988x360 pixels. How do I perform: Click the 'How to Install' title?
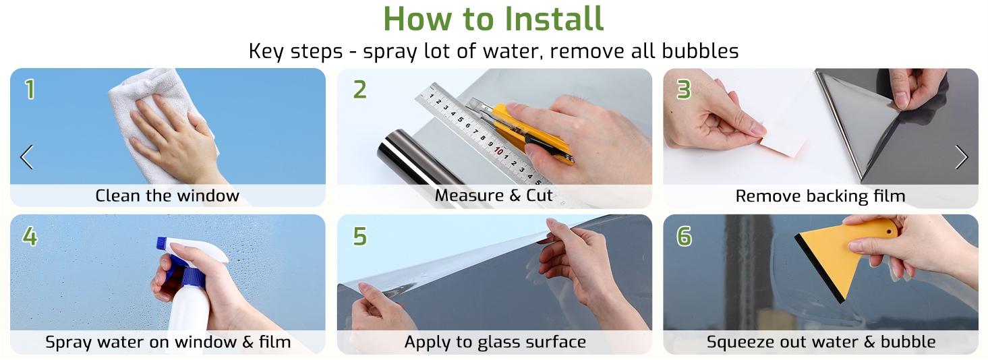pos(493,18)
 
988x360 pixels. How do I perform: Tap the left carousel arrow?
pos(27,157)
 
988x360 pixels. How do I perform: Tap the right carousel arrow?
pos(962,157)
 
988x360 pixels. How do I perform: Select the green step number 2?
pos(359,90)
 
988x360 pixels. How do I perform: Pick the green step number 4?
pos(30,236)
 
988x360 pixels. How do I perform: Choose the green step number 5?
pos(359,236)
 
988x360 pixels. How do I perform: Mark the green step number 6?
pos(684,236)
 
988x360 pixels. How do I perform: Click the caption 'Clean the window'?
pos(167,196)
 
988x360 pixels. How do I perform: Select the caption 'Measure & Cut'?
pos(494,195)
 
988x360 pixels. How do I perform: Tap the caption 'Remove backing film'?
pos(820,196)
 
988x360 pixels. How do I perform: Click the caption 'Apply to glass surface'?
pos(495,342)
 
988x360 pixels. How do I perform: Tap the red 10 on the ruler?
pos(498,151)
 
